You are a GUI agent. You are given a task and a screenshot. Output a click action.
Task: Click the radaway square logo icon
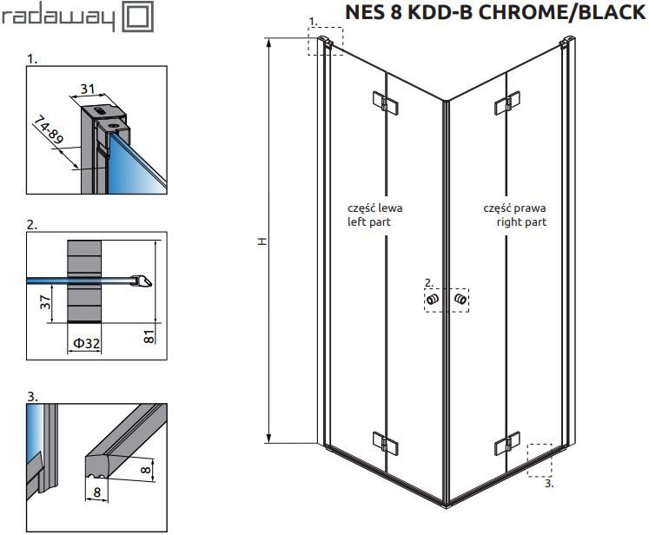[x=139, y=17]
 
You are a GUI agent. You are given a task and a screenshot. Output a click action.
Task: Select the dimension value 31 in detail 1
[x=88, y=89]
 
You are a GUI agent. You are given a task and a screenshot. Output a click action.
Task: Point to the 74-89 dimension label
[x=49, y=130]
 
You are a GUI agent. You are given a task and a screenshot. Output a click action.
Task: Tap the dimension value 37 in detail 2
[x=45, y=301]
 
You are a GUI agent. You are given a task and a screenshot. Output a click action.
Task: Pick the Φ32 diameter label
[x=87, y=342]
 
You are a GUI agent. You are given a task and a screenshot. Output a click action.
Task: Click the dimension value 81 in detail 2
[x=149, y=336]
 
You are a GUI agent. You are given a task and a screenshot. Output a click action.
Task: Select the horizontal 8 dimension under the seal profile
[x=96, y=492]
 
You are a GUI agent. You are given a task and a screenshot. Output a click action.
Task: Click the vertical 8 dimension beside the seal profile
[x=146, y=469]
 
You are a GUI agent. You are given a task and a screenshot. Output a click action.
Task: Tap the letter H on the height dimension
[x=262, y=241]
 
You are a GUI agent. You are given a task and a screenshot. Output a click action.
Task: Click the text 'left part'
[x=368, y=221]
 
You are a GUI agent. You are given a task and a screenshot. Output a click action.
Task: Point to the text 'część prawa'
[x=514, y=208]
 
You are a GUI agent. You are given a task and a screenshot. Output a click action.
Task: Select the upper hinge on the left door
[x=386, y=102]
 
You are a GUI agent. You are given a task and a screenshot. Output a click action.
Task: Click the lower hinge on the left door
[x=386, y=444]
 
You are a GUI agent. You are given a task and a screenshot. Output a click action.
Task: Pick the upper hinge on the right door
[x=507, y=102]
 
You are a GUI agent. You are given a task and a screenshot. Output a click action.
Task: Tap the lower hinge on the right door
[x=507, y=444]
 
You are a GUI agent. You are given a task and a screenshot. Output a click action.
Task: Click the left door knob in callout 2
[x=432, y=299]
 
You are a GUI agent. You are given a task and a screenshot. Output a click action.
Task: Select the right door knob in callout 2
[x=460, y=299]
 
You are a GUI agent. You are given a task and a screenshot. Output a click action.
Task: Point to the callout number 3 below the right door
[x=549, y=483]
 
